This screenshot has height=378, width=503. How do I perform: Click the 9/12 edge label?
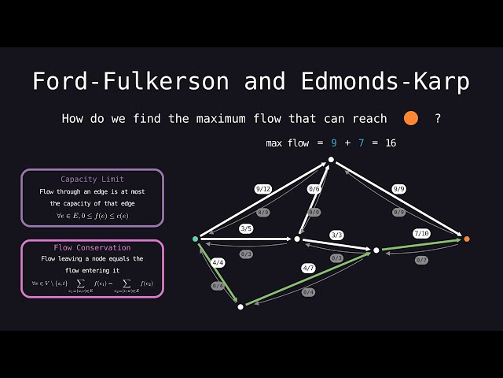pyautogui.click(x=263, y=189)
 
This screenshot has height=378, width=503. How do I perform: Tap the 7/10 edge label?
pyautogui.click(x=422, y=233)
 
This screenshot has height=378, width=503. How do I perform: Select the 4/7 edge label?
pyautogui.click(x=309, y=269)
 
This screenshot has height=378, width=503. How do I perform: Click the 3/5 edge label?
pyautogui.click(x=246, y=229)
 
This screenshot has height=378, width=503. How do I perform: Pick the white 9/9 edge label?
pyautogui.click(x=399, y=189)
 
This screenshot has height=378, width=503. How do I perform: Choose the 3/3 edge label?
pyautogui.click(x=336, y=235)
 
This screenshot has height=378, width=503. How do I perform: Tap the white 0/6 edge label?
pyautogui.click(x=314, y=189)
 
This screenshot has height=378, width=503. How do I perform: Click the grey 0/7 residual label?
pyautogui.click(x=422, y=260)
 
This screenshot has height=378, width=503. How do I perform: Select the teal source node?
pyautogui.click(x=196, y=239)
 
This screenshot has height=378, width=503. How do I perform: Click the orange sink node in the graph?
pyautogui.click(x=467, y=239)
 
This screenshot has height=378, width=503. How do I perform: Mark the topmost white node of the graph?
pyautogui.click(x=331, y=160)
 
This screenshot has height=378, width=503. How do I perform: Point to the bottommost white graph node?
pyautogui.click(x=240, y=306)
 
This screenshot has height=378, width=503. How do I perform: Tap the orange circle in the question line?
pyautogui.click(x=410, y=119)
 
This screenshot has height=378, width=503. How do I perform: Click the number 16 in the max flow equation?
pyautogui.click(x=391, y=143)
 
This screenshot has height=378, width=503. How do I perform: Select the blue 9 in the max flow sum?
pyautogui.click(x=333, y=143)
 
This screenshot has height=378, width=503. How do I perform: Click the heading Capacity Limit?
pyautogui.click(x=92, y=180)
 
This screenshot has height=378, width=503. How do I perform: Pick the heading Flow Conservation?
pyautogui.click(x=92, y=247)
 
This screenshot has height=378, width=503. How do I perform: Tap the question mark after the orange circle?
pyautogui.click(x=438, y=119)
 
